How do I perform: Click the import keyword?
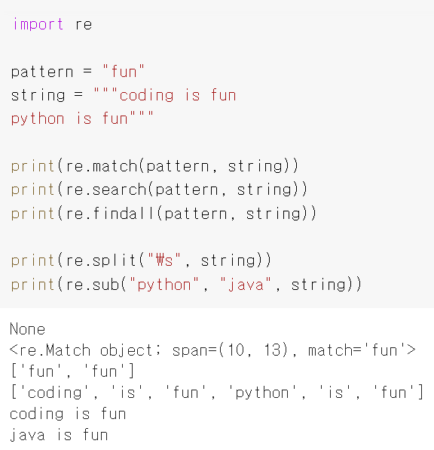38,24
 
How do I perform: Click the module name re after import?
84,25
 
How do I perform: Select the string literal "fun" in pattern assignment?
124,71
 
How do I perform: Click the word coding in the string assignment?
146,96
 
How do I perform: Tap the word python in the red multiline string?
38,119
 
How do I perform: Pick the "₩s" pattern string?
164,260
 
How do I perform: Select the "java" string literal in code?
246,285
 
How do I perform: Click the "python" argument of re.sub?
164,285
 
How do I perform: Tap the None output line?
27,329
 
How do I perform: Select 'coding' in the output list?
54,393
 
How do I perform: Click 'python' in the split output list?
262,393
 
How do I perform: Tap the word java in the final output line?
27,435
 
